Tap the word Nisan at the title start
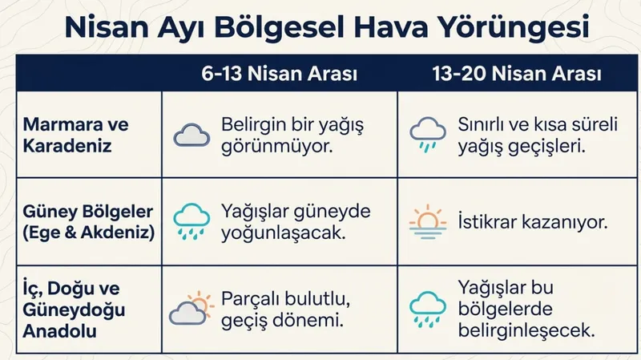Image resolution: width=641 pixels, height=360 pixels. point(103,27)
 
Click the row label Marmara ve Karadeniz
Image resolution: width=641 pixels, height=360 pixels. point(75,136)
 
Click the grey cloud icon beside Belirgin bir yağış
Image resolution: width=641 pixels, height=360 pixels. point(191,136)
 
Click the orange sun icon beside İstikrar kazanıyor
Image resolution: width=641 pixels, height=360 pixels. point(427,218)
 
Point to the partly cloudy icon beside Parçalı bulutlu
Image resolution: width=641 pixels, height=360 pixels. point(191,309)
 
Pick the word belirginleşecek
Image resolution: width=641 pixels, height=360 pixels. point(526,330)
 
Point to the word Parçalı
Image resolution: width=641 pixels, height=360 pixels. point(252,299)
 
